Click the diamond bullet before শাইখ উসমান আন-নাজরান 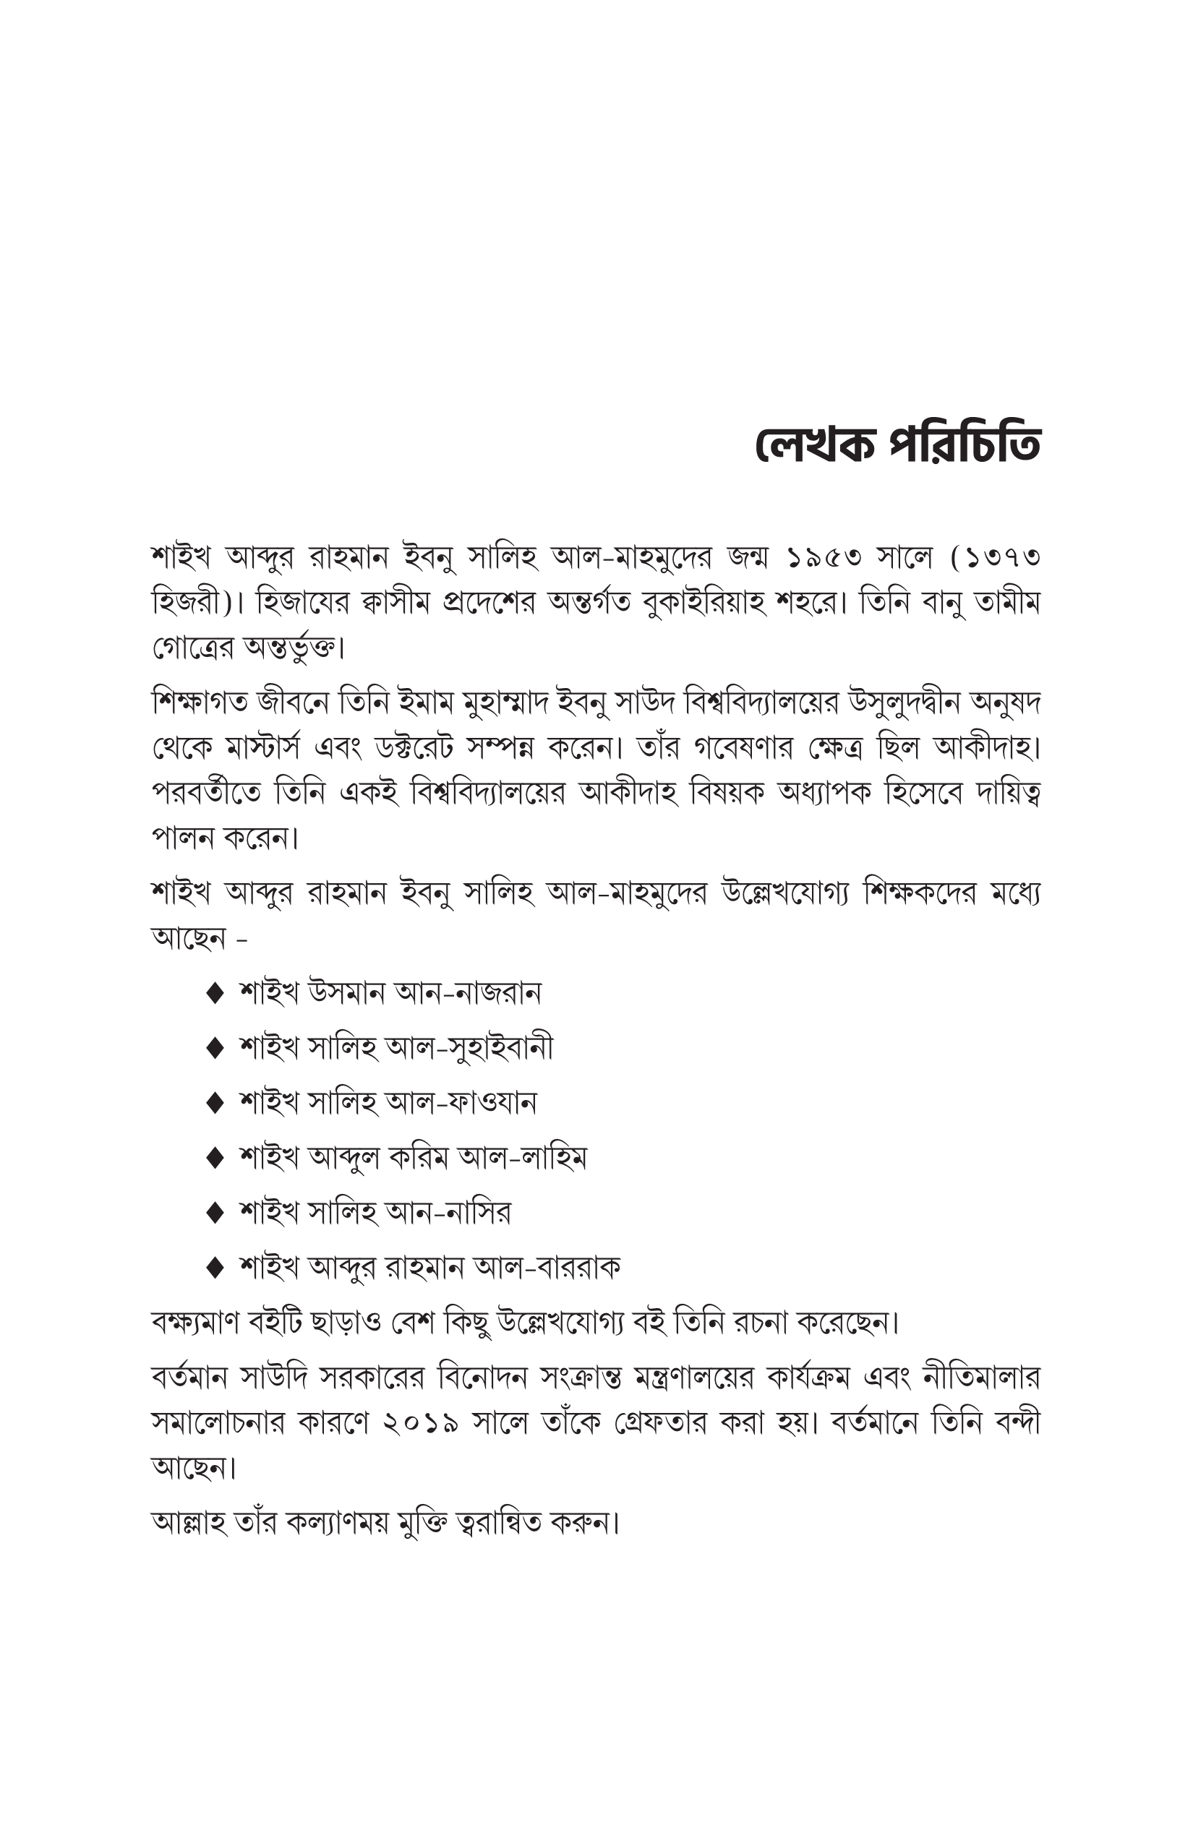tap(215, 994)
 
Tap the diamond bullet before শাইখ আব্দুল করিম tap(215, 1159)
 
